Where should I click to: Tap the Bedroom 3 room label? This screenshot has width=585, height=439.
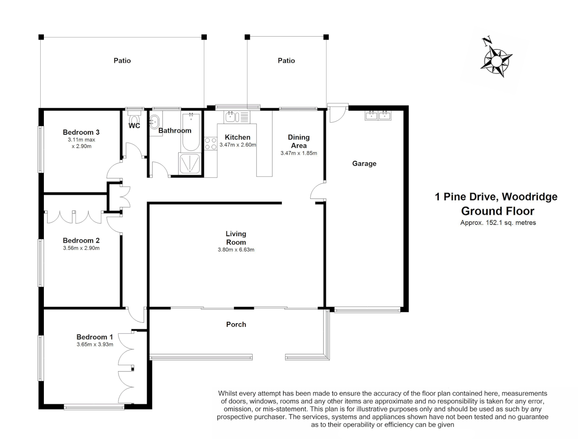click(81, 132)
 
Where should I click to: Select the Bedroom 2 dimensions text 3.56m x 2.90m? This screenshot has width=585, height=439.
click(81, 248)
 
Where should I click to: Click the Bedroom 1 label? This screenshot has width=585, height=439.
click(95, 337)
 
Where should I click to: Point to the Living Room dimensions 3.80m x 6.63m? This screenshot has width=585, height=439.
click(236, 250)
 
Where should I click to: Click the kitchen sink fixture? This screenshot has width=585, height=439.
click(231, 117)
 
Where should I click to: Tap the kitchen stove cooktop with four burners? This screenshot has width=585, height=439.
click(210, 143)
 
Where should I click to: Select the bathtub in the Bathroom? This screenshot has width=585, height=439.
click(191, 132)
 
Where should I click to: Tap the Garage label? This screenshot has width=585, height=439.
click(364, 163)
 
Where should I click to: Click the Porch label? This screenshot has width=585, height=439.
click(236, 324)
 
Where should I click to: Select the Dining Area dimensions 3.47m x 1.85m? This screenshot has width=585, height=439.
click(299, 153)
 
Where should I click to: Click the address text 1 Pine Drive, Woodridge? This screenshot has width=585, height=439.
click(496, 197)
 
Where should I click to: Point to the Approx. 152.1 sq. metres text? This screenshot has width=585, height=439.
click(498, 223)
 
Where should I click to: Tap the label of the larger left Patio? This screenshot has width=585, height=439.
click(122, 61)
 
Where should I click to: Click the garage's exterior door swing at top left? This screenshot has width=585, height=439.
click(336, 113)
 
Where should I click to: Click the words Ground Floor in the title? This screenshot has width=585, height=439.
click(498, 211)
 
